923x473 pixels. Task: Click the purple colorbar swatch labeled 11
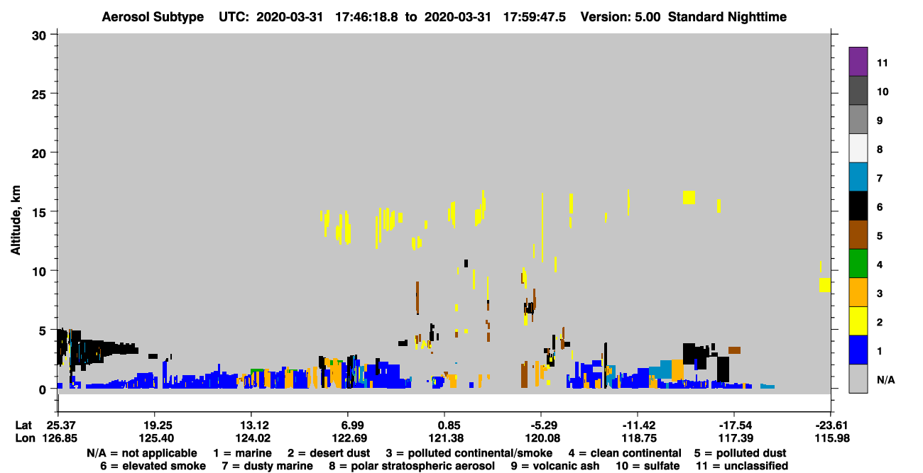point(858,61)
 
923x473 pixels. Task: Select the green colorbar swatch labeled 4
point(858,264)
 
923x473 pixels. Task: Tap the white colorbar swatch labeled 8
point(858,148)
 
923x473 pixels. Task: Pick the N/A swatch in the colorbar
point(858,379)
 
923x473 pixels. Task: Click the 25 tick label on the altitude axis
point(39,95)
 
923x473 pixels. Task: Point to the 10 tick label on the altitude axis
point(39,272)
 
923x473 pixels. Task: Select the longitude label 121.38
point(445,438)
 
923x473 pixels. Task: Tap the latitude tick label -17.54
point(736,425)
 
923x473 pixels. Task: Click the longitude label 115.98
point(832,438)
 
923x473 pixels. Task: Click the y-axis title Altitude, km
point(16,221)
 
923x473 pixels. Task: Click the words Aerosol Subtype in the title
point(153,17)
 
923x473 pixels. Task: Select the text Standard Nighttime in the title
point(727,17)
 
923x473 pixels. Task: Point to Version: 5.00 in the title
point(620,17)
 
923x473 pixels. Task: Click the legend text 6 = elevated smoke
point(153,466)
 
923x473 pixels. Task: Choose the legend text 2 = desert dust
point(329,453)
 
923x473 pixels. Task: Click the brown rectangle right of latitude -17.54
point(734,350)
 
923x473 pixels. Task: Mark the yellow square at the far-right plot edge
point(824,285)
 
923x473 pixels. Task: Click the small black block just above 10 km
point(466,264)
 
